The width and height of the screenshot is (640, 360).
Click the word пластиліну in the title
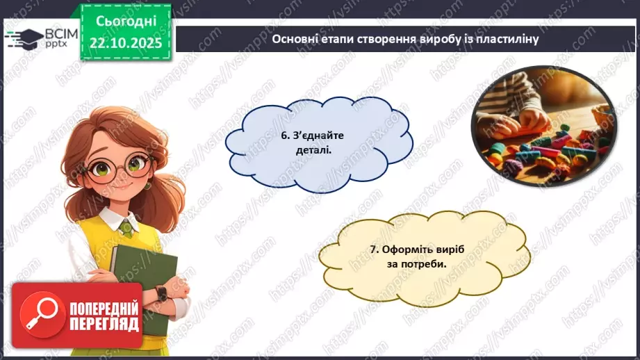pos(507,39)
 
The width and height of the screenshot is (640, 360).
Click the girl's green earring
pos(147,186)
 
